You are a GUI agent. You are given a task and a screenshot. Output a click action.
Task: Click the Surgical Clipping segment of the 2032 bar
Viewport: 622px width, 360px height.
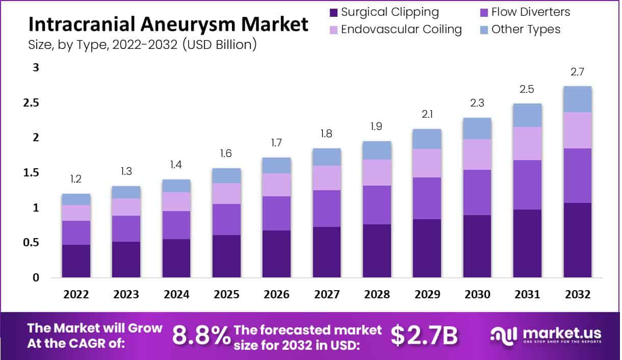(578, 240)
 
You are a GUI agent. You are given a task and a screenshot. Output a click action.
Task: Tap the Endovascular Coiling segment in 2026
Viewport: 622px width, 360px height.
(277, 185)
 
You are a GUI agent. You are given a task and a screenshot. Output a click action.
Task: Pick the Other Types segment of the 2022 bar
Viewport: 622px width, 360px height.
(76, 199)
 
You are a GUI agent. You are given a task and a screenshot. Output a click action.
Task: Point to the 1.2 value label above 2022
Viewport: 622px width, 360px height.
(76, 179)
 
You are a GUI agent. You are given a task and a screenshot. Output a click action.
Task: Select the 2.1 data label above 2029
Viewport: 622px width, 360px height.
(427, 115)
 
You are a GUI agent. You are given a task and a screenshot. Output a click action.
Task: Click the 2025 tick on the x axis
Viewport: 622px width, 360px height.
(226, 295)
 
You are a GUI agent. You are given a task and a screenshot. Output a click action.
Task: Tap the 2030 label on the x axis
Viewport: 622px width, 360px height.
(477, 295)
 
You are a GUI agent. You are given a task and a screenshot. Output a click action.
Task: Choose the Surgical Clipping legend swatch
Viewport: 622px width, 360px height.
(333, 12)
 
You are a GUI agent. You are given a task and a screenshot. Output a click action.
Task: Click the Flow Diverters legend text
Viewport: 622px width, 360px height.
(531, 12)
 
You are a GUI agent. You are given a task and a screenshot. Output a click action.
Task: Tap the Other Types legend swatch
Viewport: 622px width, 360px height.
(484, 29)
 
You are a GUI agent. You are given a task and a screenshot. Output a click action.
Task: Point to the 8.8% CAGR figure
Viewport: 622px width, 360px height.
(201, 336)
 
